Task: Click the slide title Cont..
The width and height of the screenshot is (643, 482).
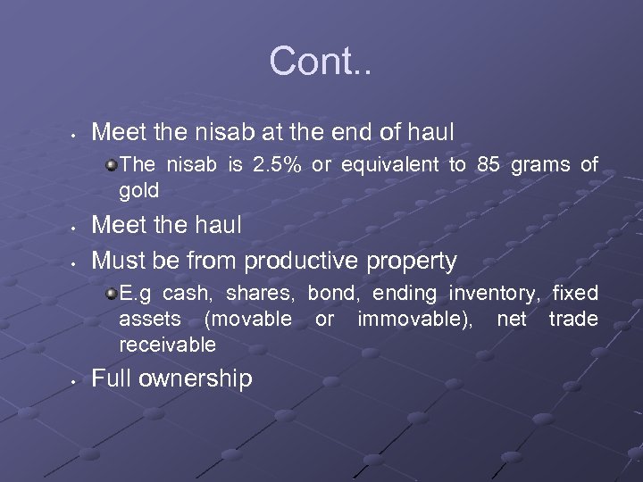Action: coord(321,62)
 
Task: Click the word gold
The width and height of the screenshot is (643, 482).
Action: coord(139,190)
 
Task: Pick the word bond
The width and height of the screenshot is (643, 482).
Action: coord(331,294)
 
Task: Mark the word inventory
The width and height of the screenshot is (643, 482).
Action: coord(495,294)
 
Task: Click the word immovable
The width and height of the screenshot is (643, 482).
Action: coord(414,319)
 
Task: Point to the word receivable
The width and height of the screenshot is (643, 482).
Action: coord(168,345)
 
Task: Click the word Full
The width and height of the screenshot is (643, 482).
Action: coord(113,378)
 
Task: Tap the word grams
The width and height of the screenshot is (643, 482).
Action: coord(541,165)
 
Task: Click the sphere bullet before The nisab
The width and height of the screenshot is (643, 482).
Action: coord(111,165)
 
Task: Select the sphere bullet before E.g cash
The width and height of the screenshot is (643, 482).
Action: coord(111,294)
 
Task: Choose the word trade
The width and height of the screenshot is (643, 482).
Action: coord(573,319)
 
